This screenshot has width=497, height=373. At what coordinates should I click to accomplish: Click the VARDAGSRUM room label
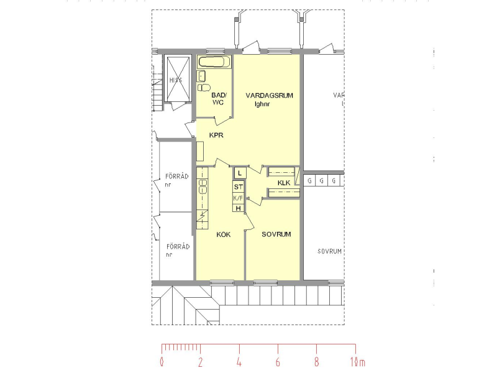(269, 95)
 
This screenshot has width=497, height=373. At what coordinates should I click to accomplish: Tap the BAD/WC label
(219, 98)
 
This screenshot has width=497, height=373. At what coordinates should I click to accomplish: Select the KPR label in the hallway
(216, 135)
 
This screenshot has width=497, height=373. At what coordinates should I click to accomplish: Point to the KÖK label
(223, 234)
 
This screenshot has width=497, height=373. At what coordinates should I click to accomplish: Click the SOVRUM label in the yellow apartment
(276, 234)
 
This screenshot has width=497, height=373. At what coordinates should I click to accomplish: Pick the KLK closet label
(284, 182)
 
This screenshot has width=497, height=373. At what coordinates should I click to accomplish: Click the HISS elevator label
(176, 80)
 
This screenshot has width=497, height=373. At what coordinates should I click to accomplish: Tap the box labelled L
(239, 173)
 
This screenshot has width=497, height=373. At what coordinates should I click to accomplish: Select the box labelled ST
(239, 186)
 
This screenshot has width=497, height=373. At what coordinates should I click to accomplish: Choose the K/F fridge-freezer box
(239, 198)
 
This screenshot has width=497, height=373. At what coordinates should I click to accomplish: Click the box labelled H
(239, 208)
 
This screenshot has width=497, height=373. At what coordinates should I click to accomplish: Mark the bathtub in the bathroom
(214, 62)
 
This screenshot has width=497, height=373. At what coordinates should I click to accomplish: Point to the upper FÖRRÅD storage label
(176, 177)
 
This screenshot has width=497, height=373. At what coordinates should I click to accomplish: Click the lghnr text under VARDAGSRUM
(264, 104)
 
